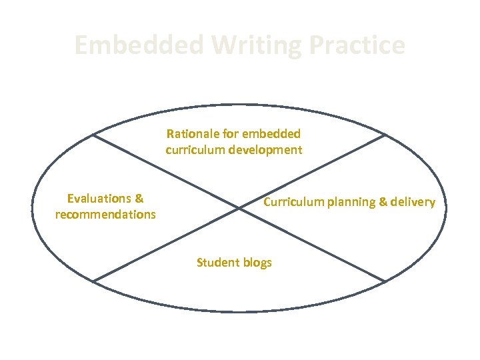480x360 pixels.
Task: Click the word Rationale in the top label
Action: (191, 134)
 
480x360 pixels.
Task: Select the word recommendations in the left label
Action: (105, 215)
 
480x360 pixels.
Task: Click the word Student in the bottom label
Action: (217, 262)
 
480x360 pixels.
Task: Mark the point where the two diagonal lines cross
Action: (239, 208)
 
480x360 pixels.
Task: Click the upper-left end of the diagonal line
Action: (93, 135)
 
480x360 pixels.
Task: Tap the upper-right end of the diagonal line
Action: (386, 135)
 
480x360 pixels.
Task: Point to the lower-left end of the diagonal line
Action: (93, 281)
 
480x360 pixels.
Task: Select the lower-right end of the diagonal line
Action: (386, 281)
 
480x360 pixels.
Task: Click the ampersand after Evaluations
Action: (139, 198)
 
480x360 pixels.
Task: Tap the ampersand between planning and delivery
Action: (383, 202)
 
